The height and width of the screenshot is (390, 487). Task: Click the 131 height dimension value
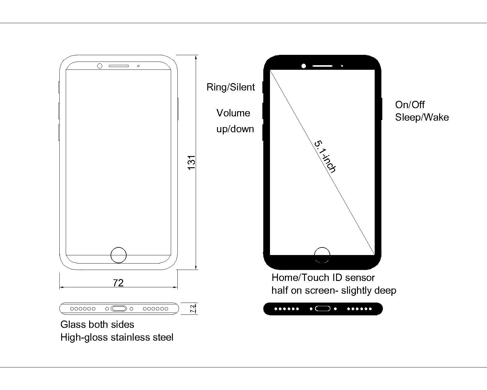pyautogui.click(x=191, y=162)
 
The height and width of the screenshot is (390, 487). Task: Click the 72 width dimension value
pyautogui.click(x=118, y=283)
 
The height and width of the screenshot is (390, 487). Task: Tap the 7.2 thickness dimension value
pyautogui.click(x=192, y=309)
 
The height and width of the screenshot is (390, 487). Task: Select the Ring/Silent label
pyautogui.click(x=230, y=87)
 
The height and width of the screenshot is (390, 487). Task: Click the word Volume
pyautogui.click(x=233, y=113)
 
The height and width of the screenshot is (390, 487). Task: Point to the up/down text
pyautogui.click(x=235, y=129)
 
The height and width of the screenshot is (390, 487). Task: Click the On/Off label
pyautogui.click(x=410, y=105)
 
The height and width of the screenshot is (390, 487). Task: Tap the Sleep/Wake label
pyautogui.click(x=422, y=117)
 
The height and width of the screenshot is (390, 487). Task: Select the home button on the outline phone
pyautogui.click(x=118, y=255)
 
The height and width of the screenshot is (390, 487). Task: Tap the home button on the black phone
pyautogui.click(x=322, y=255)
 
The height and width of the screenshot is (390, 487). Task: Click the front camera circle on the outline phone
pyautogui.click(x=100, y=66)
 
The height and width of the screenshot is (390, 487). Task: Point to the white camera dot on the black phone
pyautogui.click(x=303, y=66)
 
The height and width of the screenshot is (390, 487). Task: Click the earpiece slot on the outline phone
pyautogui.click(x=119, y=66)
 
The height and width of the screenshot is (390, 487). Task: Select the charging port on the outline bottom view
pyautogui.click(x=119, y=309)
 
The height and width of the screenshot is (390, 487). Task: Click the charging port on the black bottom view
pyautogui.click(x=323, y=309)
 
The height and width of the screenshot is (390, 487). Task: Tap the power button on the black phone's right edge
pyautogui.click(x=381, y=109)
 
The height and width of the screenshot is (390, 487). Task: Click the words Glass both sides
pyautogui.click(x=97, y=324)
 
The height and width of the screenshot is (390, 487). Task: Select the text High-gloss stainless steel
pyautogui.click(x=117, y=337)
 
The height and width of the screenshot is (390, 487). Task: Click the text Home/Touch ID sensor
pyautogui.click(x=323, y=278)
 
